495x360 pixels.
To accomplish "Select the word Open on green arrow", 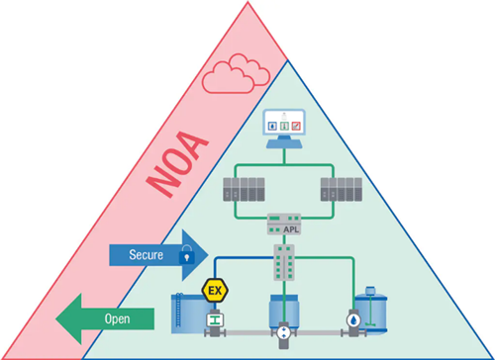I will coord(117,319).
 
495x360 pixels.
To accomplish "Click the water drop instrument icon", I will coord(352,320).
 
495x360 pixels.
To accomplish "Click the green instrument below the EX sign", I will coord(212,320).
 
